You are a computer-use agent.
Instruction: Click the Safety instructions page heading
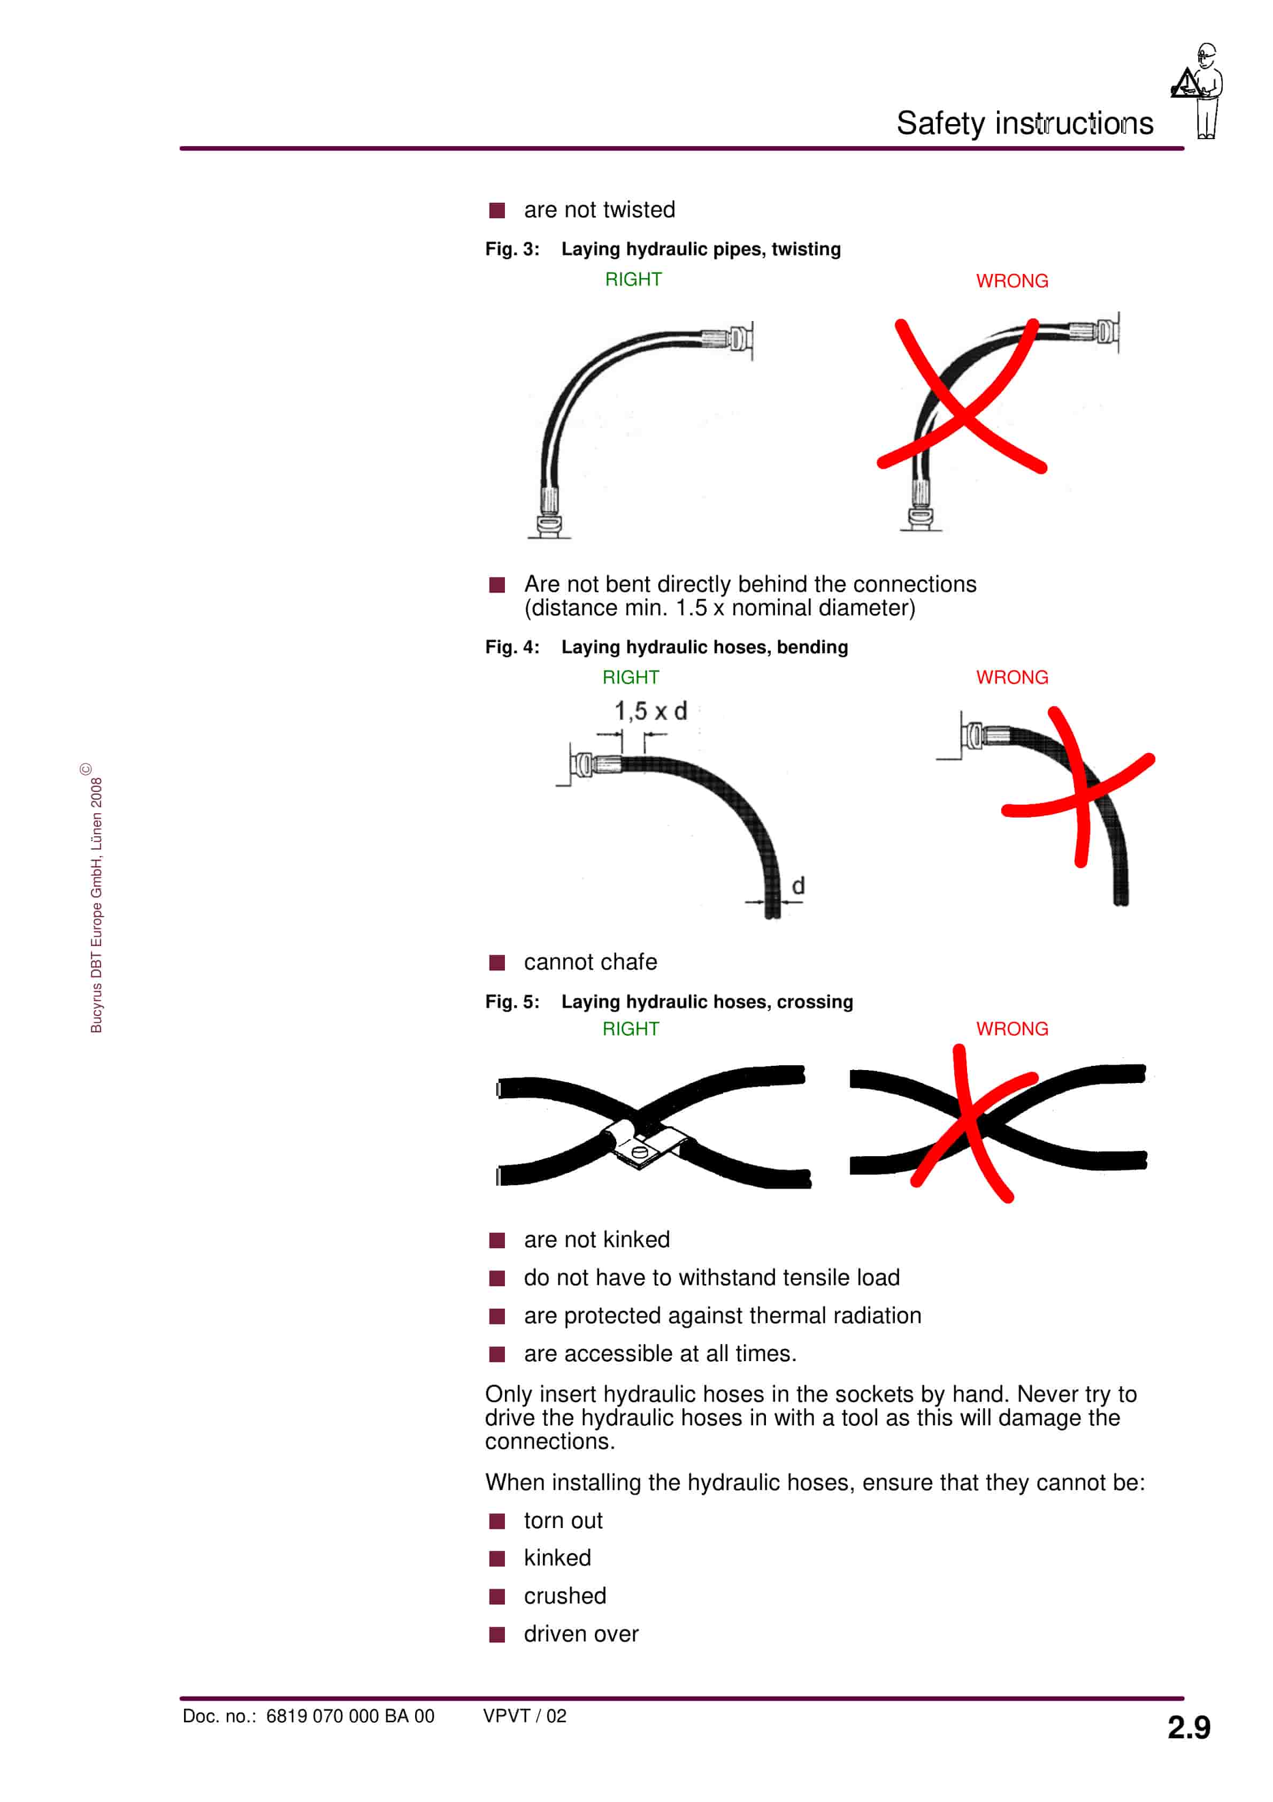point(1024,123)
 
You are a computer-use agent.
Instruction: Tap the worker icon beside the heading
point(1197,91)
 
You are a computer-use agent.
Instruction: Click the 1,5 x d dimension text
point(650,711)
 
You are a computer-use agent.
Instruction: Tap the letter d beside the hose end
point(798,885)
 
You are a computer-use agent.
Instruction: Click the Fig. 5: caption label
point(512,1002)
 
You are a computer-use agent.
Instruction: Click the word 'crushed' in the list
point(565,1595)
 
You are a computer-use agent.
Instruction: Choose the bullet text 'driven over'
point(581,1634)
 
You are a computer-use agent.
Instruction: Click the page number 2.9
point(1188,1728)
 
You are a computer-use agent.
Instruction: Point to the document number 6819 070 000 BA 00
point(350,1716)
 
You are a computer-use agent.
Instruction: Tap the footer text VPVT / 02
point(524,1716)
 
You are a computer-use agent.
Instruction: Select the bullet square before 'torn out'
point(497,1521)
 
